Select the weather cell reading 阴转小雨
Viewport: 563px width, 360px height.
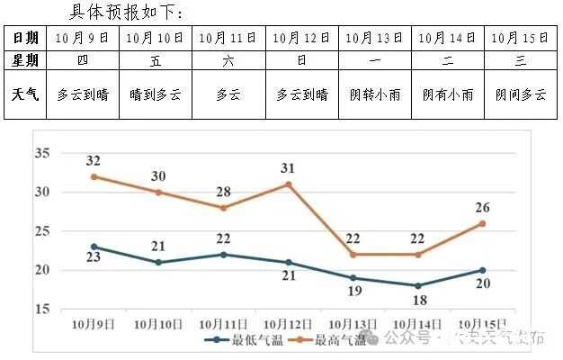click(x=375, y=94)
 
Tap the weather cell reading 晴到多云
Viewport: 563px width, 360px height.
click(x=155, y=94)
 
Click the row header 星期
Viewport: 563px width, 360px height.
click(x=25, y=60)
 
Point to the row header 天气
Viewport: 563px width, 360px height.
click(x=25, y=94)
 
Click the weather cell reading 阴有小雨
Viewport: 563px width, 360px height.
click(x=448, y=94)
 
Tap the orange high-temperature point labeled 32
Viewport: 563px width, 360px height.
click(x=94, y=176)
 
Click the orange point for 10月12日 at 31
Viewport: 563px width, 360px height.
click(x=288, y=184)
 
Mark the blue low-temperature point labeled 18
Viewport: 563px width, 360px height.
click(x=417, y=285)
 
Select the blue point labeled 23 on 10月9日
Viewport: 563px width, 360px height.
click(x=94, y=247)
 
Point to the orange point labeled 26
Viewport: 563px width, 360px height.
click(x=482, y=223)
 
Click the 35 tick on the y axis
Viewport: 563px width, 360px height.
click(x=41, y=153)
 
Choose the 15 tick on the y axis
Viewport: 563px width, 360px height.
click(x=41, y=309)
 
